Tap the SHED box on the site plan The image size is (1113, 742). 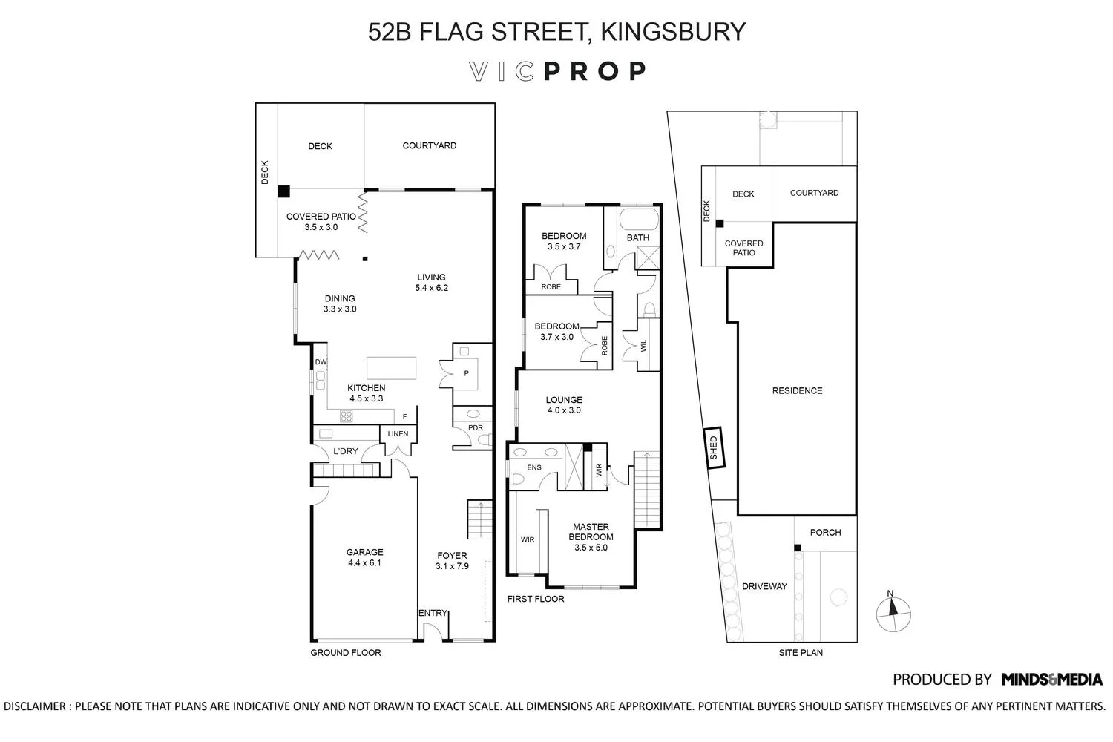714,448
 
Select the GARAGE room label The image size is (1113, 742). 364,552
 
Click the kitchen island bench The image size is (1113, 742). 391,368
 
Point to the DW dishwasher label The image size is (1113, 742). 321,362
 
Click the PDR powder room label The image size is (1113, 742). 476,428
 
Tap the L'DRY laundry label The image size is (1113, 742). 346,451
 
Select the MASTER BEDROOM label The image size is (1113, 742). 591,532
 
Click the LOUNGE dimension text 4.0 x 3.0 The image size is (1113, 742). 564,410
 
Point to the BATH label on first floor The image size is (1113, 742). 637,238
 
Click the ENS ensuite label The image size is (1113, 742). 534,467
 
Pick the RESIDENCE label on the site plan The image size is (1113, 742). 797,391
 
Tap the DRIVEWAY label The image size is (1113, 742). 764,586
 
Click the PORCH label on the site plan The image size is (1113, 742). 825,533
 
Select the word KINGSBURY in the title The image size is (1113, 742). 672,32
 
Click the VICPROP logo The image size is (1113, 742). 557,71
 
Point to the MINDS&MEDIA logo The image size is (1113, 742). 1051,679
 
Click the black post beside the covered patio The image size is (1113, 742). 283,191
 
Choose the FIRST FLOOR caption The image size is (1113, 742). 535,599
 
